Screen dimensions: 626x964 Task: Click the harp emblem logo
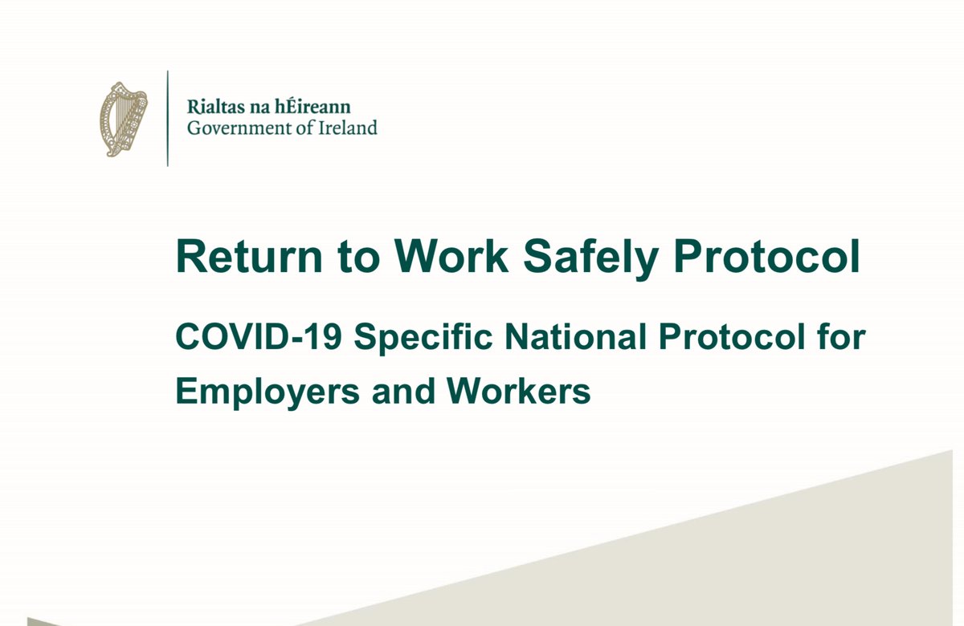point(123,119)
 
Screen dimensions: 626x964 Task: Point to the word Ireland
point(347,128)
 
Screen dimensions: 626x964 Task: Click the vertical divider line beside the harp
point(167,119)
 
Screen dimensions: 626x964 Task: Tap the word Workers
point(510,392)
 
